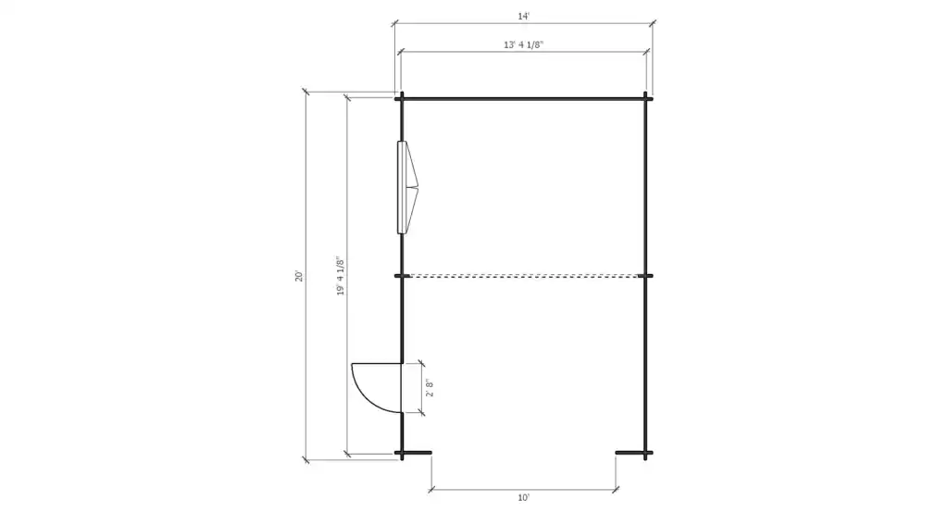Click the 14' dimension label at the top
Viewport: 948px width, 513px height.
coord(523,16)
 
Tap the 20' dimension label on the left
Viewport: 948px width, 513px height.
coord(298,276)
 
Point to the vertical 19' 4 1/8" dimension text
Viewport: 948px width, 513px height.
coord(340,276)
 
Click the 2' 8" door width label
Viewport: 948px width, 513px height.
coord(428,387)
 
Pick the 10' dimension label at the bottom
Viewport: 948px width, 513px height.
coord(523,497)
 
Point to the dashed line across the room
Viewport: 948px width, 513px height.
coord(523,275)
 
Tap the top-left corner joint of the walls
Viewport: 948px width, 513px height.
coord(401,98)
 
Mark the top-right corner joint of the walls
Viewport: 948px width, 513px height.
coord(645,98)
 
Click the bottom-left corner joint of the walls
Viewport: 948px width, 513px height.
coord(401,453)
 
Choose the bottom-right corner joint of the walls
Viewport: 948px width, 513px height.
coord(645,453)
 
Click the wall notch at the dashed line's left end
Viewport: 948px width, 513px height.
coord(401,275)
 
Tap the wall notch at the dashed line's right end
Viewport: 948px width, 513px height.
coord(645,275)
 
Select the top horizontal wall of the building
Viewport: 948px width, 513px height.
coord(523,98)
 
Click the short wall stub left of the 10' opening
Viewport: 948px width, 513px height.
coord(418,453)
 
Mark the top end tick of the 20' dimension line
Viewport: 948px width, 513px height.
coord(306,92)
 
